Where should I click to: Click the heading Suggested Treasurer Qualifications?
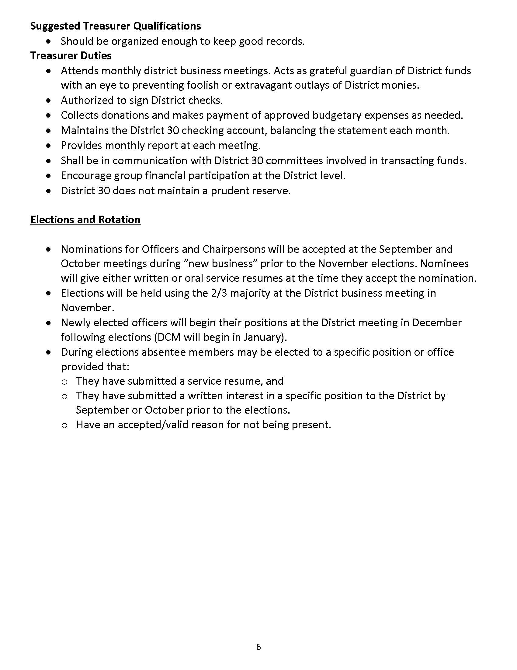[x=116, y=26]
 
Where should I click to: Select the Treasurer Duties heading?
[x=71, y=56]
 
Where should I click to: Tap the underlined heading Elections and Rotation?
[x=85, y=220]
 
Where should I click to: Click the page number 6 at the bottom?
[x=258, y=647]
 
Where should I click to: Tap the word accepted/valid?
[x=147, y=425]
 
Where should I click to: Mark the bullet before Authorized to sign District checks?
[x=48, y=100]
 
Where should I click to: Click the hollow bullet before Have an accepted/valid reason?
[x=64, y=425]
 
